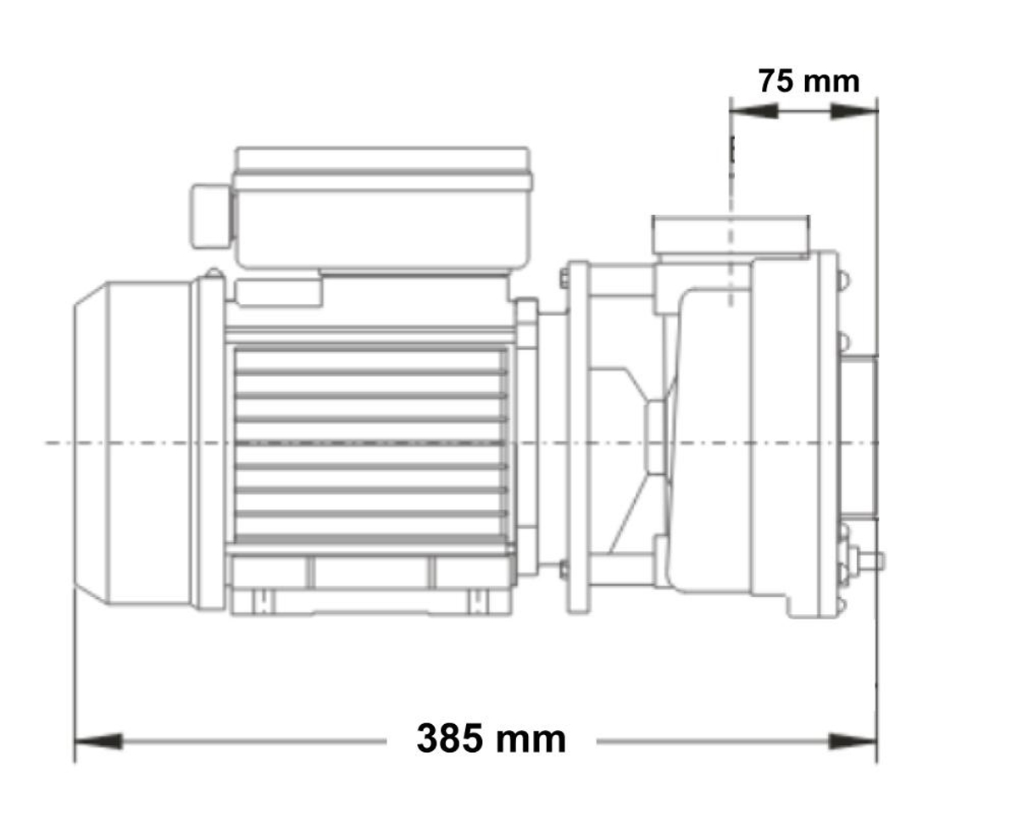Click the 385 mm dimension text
pos(491,739)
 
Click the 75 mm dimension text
pos(808,81)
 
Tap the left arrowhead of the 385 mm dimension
pos(98,742)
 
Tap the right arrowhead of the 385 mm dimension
pos(853,742)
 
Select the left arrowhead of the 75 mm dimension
pos(753,111)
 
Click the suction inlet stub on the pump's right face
pos(857,440)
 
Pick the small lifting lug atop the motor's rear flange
pos(213,274)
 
